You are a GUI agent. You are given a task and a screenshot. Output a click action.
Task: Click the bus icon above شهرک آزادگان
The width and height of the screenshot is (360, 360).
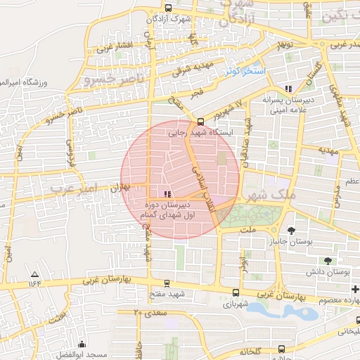point(167,8)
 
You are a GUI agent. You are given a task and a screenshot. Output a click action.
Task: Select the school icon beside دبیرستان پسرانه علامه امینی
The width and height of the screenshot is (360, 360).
point(288,89)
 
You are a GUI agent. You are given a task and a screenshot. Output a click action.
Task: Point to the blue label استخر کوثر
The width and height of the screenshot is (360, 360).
point(243,72)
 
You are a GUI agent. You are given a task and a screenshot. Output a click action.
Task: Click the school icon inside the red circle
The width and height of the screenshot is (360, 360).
point(167,193)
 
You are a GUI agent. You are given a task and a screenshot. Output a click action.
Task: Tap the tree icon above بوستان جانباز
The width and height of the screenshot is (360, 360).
point(292,230)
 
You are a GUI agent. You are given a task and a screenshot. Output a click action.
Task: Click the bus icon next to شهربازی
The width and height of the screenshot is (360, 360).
point(235,294)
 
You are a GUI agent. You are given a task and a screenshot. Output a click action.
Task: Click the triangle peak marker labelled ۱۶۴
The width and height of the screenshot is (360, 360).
point(34,273)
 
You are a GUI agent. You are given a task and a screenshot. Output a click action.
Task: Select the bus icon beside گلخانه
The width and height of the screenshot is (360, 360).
point(282,348)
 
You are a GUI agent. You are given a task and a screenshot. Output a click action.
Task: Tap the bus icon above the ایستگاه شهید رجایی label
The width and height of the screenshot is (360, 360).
point(201,120)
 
